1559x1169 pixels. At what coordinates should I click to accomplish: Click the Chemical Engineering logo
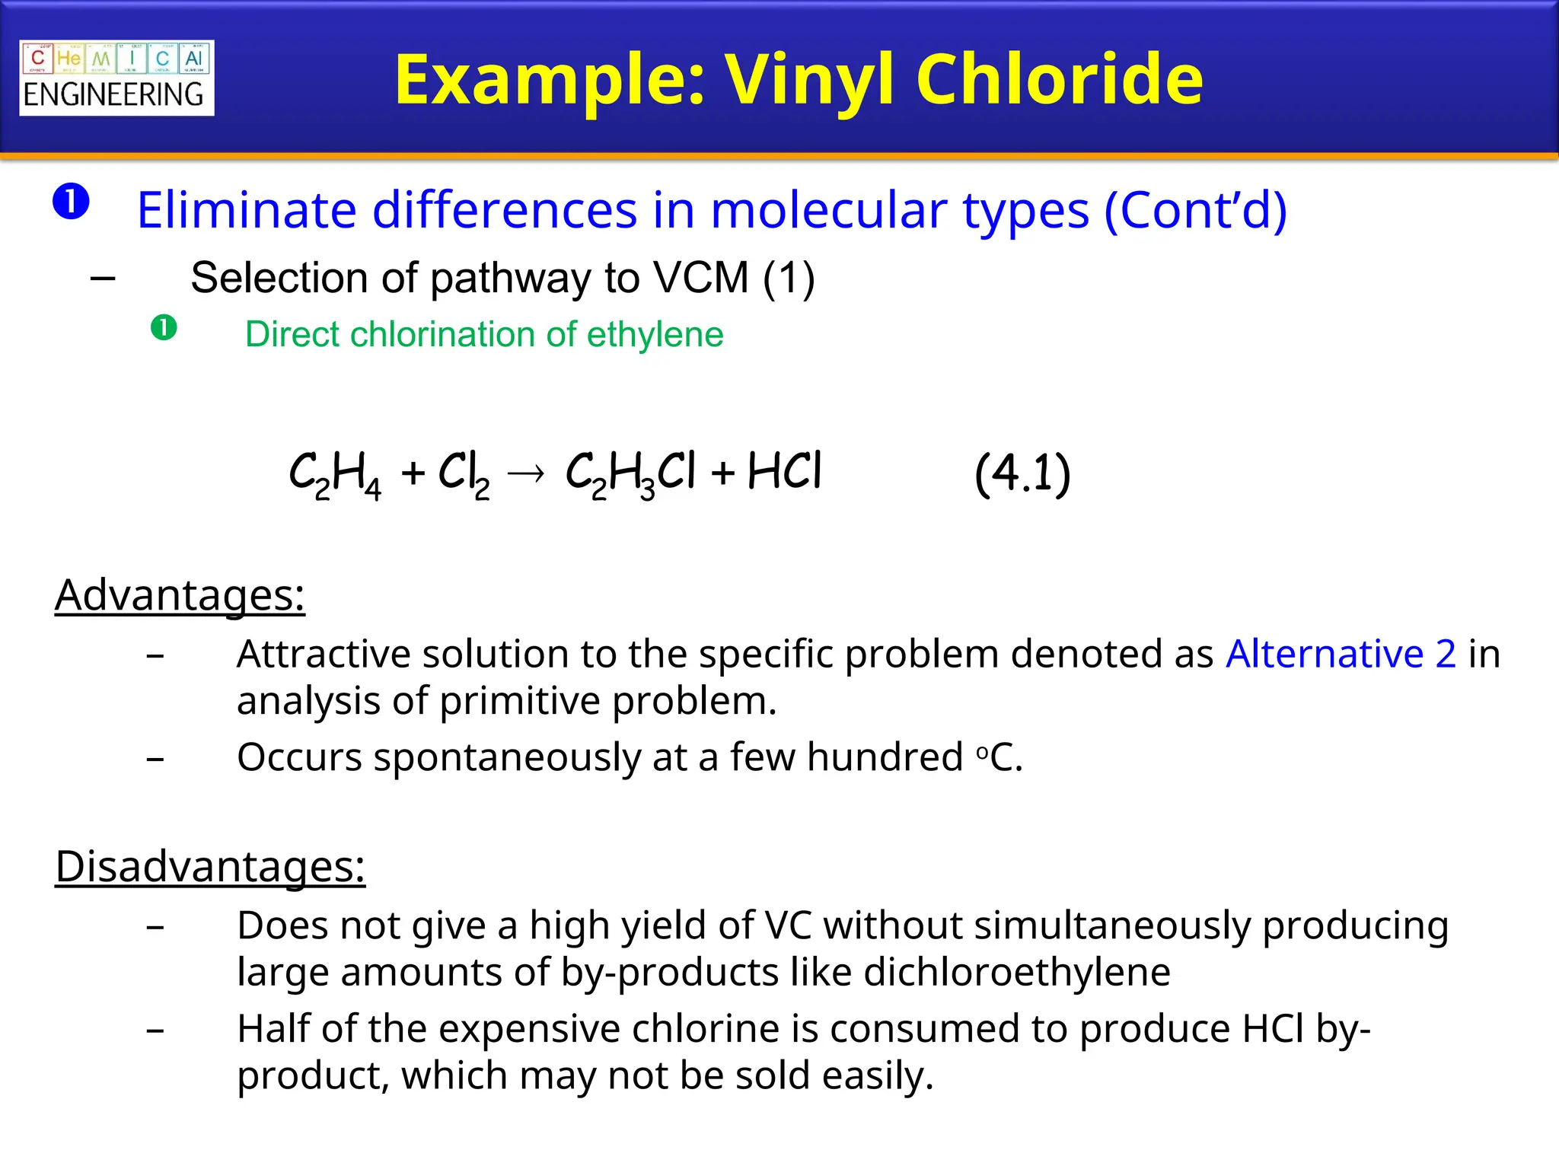[x=116, y=78]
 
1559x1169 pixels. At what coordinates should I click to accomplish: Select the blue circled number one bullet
[x=71, y=202]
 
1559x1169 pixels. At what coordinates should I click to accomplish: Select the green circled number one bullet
[x=164, y=329]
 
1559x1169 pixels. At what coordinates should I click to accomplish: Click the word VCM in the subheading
[x=701, y=277]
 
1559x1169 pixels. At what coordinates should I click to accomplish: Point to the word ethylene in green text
[x=655, y=335]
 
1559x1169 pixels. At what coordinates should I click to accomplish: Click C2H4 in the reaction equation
[x=335, y=474]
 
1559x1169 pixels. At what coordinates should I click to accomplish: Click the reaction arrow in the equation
[x=526, y=474]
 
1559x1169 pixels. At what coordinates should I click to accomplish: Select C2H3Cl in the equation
[x=630, y=474]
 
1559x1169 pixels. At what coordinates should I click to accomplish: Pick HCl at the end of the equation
[x=784, y=472]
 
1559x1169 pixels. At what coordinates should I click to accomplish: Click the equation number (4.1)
[x=1022, y=473]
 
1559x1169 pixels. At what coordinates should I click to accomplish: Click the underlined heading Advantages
[x=180, y=595]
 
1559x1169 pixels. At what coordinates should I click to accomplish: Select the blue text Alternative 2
[x=1341, y=654]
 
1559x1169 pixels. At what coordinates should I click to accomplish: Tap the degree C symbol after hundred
[x=997, y=757]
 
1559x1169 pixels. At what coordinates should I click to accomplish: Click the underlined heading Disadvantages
[x=210, y=866]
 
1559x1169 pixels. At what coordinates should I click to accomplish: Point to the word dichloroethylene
[x=1017, y=972]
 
